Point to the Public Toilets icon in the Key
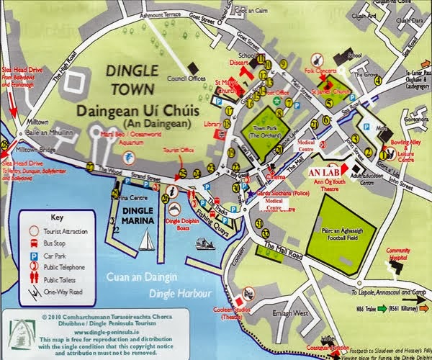pyautogui.click(x=33, y=281)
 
